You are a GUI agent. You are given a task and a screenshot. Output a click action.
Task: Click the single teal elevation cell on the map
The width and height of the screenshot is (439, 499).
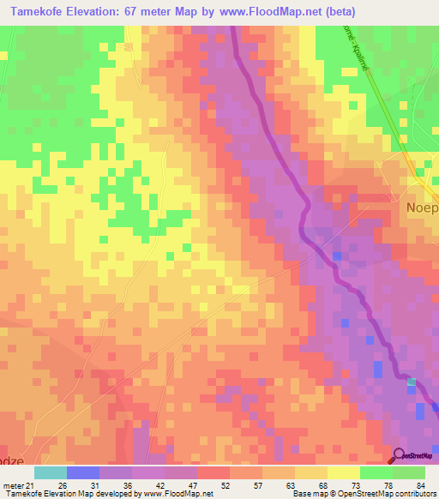point(412,382)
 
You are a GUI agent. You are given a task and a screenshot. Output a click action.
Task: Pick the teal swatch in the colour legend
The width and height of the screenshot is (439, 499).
point(50,472)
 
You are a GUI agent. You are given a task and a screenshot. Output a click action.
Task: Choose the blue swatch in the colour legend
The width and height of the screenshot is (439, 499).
point(82,472)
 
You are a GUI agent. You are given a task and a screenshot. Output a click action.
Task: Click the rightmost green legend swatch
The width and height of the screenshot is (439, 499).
point(408,472)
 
